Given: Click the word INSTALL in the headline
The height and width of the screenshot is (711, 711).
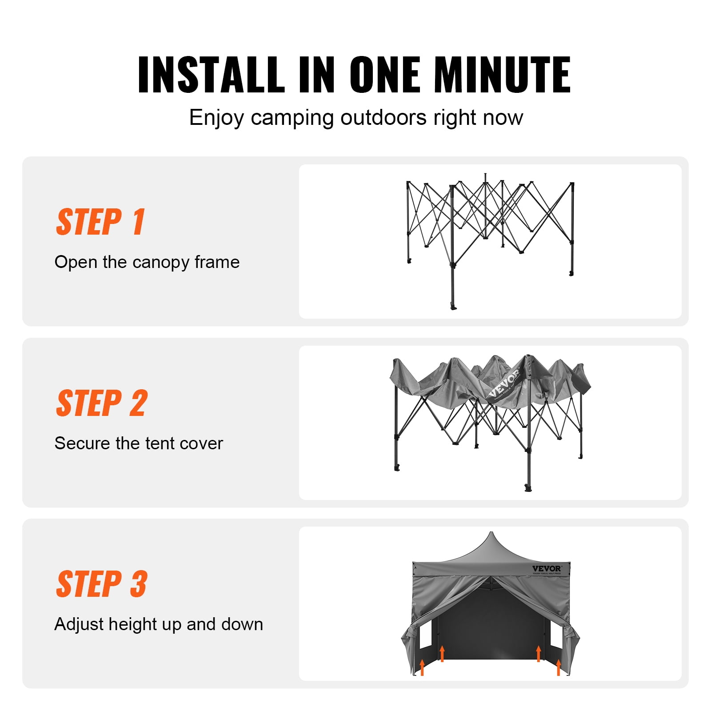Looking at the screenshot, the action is pos(212,75).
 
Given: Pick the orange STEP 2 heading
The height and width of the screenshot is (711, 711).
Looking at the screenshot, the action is pos(102,403).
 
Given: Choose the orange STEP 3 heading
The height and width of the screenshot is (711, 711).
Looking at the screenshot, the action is pos(102,583).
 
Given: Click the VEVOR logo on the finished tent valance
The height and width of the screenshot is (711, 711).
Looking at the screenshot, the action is pos(547,569).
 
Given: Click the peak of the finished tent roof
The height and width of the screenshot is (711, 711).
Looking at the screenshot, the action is pos(491,532).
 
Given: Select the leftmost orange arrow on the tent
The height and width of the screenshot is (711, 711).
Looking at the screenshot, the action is pos(422,667).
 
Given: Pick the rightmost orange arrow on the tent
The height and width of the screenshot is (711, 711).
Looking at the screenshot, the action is pos(559,667).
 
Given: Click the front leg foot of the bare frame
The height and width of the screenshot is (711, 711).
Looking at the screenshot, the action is pos(453,307).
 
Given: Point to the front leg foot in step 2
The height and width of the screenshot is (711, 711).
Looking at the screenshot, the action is pos(528,488).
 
